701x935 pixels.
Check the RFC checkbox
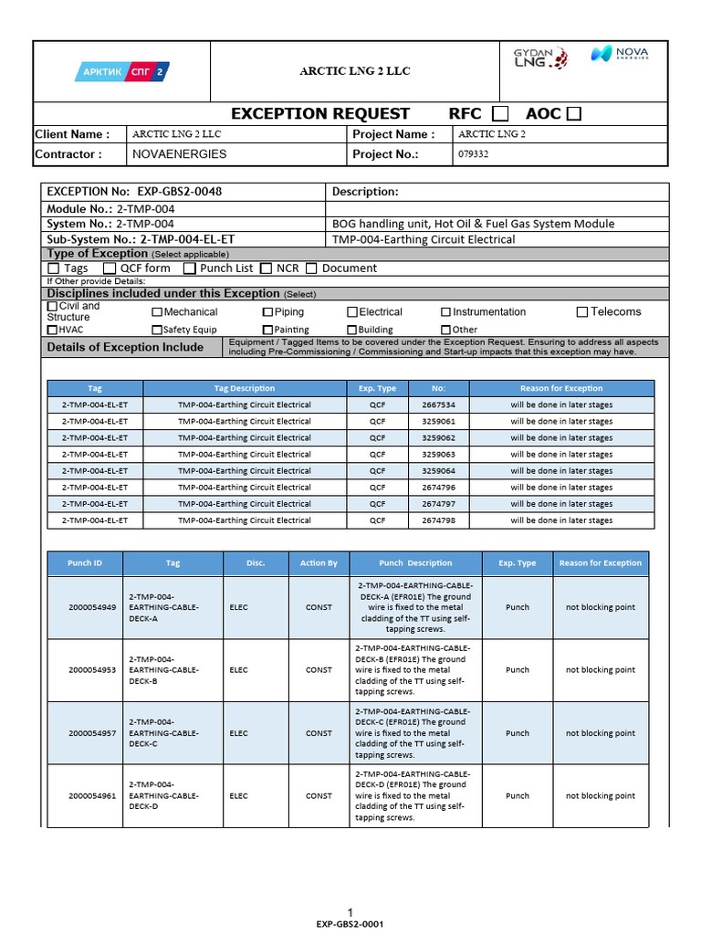500,113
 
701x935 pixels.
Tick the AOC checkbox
573,113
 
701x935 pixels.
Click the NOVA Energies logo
619,55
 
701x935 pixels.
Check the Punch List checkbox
190,268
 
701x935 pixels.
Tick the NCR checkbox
267,268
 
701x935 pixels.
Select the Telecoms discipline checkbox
582,312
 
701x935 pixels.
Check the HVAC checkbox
52,330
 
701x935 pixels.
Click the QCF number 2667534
438,404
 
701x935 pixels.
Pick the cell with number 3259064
438,470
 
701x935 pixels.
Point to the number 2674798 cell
438,520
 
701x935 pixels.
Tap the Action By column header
319,563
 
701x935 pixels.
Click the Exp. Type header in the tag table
377,388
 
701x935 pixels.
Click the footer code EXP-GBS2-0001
350,924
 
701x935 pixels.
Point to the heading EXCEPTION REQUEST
320,113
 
